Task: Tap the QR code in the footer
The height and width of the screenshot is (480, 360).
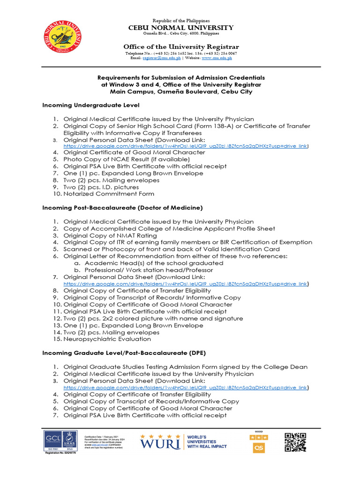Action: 295,442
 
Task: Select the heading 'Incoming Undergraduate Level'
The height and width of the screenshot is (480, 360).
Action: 90,105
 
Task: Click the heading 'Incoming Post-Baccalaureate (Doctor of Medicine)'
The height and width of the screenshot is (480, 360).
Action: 122,207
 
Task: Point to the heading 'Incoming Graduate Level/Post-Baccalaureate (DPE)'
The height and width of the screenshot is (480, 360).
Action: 124,353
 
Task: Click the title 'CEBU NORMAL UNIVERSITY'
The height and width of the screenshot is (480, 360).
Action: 181,28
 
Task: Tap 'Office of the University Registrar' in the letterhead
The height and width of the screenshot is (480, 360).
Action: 181,47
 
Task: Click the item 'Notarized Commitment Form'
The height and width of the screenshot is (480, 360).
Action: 109,194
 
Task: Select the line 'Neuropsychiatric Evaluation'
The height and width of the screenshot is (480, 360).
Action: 107,339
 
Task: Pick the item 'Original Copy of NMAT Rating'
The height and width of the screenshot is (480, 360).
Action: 110,235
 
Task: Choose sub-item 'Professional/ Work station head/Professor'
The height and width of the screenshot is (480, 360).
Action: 149,270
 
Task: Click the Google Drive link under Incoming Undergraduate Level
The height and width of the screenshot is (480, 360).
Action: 186,146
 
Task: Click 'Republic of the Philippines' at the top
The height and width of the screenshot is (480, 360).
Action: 181,21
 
